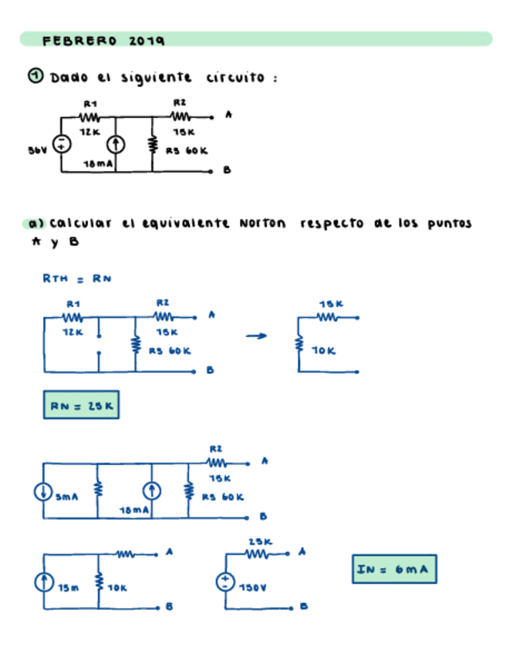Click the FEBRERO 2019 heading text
[x=103, y=40]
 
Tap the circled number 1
[x=35, y=76]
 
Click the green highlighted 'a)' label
[x=34, y=224]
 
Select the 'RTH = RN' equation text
[x=76, y=278]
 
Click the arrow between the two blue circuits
[x=256, y=335]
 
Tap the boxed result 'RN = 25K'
[x=81, y=405]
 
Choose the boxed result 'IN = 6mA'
[x=393, y=570]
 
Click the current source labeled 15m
[x=44, y=582]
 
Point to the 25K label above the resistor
[x=259, y=542]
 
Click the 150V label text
[x=252, y=588]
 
